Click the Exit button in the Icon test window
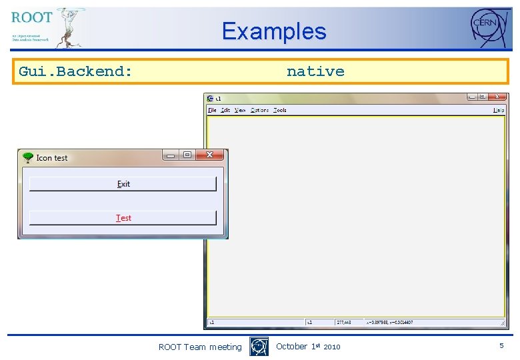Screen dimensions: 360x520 (x=123, y=184)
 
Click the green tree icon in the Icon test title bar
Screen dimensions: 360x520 (x=27, y=157)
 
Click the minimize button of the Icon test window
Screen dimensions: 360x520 (x=171, y=155)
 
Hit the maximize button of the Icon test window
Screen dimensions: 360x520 (x=187, y=155)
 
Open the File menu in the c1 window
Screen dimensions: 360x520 (x=212, y=110)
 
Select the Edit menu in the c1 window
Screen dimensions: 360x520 (x=226, y=110)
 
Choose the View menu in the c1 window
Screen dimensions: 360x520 (x=240, y=110)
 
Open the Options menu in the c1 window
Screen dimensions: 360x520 (x=259, y=110)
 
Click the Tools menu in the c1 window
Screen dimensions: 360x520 (x=280, y=110)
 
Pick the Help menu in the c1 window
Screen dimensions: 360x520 (x=498, y=110)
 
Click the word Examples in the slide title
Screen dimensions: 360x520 (x=274, y=31)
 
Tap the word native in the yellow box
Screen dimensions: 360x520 (x=315, y=71)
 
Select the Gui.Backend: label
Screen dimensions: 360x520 (x=75, y=71)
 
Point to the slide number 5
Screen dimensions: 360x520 (x=501, y=346)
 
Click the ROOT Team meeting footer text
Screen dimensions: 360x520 (x=200, y=347)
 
